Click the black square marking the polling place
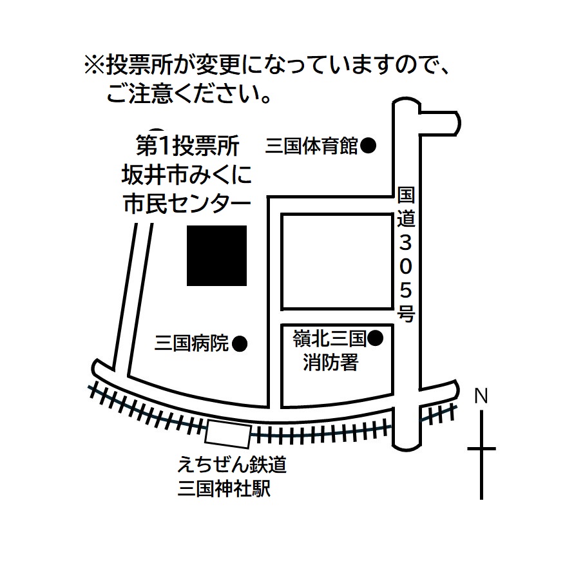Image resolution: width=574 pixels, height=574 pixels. click(216, 256)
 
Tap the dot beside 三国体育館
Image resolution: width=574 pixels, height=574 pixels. click(368, 146)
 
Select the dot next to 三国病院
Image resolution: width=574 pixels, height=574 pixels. click(240, 344)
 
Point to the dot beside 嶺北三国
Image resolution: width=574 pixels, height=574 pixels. click(375, 338)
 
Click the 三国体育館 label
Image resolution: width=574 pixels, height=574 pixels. click(311, 146)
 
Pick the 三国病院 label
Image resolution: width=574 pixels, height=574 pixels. click(192, 343)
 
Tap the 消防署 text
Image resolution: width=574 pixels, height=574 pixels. click(331, 363)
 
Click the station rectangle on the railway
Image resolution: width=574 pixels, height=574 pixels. click(228, 434)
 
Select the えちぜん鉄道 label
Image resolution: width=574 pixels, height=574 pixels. click(232, 465)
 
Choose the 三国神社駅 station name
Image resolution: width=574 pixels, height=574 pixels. click(224, 488)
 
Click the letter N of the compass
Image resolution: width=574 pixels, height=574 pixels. click(481, 396)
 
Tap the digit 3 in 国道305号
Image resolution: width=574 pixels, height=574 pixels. click(406, 243)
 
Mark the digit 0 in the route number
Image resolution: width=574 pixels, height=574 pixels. click(406, 267)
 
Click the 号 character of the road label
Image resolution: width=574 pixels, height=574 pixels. click(406, 313)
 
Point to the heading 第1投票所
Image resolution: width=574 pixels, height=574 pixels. click(187, 146)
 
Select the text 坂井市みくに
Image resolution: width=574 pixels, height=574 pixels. click(187, 174)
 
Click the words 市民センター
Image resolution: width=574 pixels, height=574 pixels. click(187, 204)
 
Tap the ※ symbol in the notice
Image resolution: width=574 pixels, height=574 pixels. click(95, 66)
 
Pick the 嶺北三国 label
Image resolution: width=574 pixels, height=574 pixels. click(330, 339)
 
